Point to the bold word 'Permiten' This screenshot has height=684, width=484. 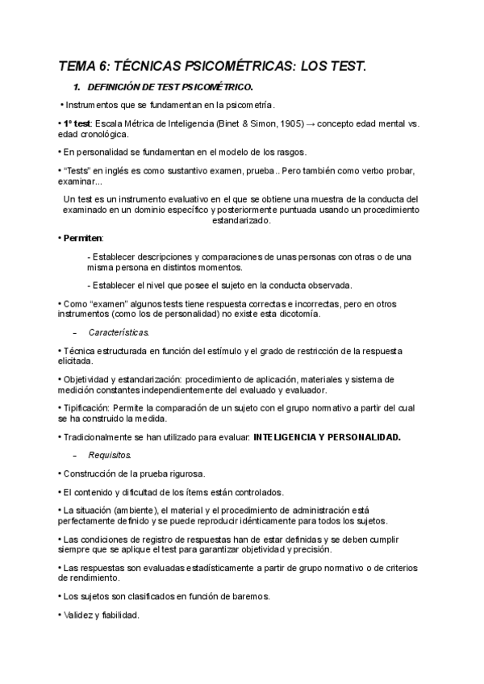(x=83, y=239)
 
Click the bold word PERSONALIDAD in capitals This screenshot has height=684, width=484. (x=361, y=437)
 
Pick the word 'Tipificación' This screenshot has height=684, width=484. (x=86, y=408)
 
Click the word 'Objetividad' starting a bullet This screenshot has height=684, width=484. (x=88, y=379)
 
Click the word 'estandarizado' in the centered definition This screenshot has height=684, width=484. (x=241, y=220)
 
